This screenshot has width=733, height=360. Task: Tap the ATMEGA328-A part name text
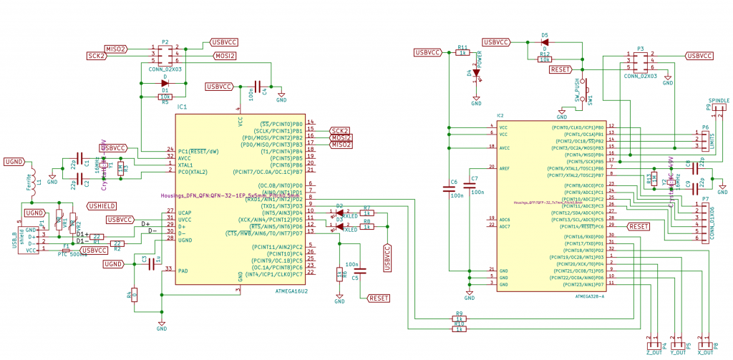(589, 295)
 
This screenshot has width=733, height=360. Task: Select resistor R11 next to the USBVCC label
(462, 52)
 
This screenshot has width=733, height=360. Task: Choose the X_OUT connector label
(704, 352)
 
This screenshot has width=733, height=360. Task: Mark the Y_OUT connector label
(678, 352)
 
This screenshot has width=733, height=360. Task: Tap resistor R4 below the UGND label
(134, 294)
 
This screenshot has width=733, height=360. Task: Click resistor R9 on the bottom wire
(460, 318)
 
